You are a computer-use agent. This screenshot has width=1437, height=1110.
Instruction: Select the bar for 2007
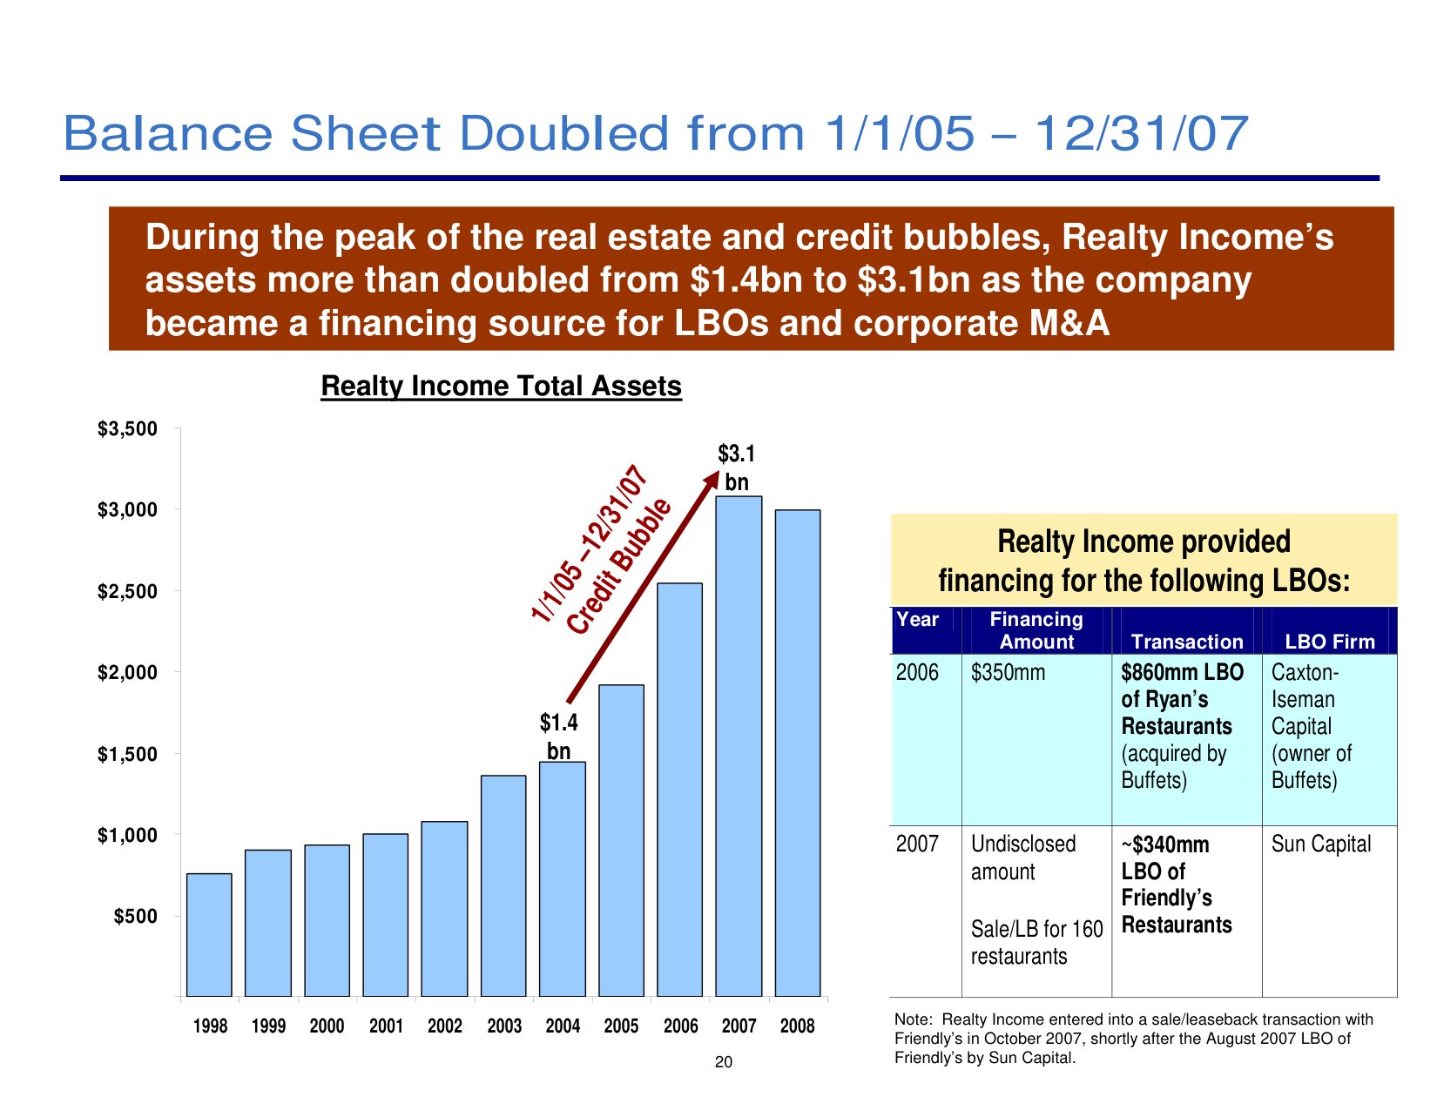pyautogui.click(x=738, y=746)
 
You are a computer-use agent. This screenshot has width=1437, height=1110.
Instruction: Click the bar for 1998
pyautogui.click(x=209, y=935)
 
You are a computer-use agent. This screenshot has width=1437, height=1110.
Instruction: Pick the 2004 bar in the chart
pyautogui.click(x=562, y=878)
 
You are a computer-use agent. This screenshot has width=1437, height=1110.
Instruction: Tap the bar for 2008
pyautogui.click(x=798, y=753)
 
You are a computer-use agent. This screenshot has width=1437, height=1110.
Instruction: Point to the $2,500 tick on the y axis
pyautogui.click(x=177, y=590)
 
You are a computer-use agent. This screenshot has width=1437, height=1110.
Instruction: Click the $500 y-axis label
pyautogui.click(x=136, y=917)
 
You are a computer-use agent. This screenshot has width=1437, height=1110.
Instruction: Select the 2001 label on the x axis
pyautogui.click(x=386, y=1026)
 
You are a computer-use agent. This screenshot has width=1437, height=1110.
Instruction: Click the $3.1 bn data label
pyautogui.click(x=736, y=468)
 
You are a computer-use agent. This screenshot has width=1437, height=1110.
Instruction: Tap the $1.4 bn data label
pyautogui.click(x=559, y=737)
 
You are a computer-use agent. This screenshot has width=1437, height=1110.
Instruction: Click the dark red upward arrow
pyautogui.click(x=643, y=587)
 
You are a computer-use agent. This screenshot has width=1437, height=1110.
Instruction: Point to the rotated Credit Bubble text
pyautogui.click(x=619, y=566)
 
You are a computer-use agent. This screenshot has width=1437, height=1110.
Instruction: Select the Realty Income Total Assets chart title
pyautogui.click(x=502, y=386)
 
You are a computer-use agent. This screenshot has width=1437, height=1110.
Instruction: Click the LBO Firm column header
pyautogui.click(x=1330, y=642)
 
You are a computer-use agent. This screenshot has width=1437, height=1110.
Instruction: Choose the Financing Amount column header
pyautogui.click(x=1036, y=630)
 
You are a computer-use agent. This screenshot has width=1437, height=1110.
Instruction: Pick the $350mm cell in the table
pyautogui.click(x=1008, y=672)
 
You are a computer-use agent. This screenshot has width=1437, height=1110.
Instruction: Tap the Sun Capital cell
pyautogui.click(x=1321, y=844)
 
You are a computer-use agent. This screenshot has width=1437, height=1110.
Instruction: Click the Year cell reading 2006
pyautogui.click(x=917, y=672)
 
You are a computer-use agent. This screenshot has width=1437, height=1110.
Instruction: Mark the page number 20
pyautogui.click(x=724, y=1062)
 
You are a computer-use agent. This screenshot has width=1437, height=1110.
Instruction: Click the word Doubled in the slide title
pyautogui.click(x=564, y=133)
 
